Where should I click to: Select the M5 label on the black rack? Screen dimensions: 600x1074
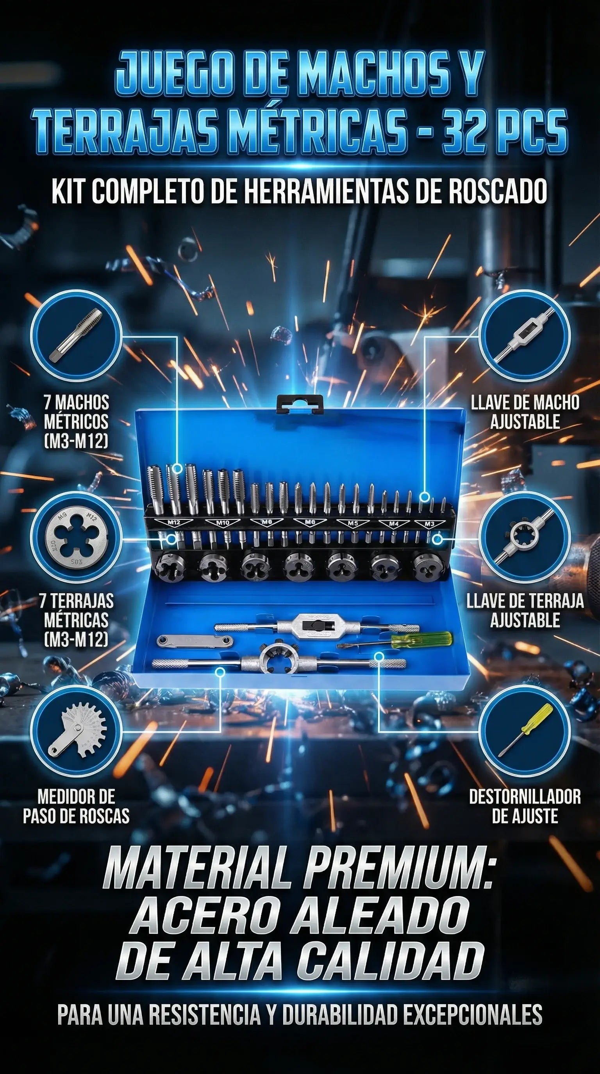353,524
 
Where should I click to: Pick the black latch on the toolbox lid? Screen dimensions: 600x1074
300,404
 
